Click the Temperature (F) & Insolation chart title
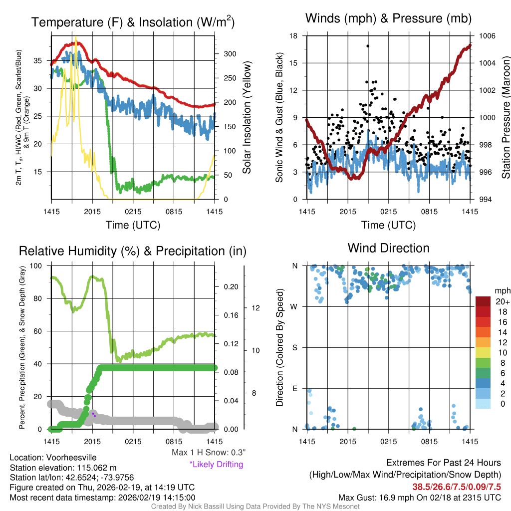pos(133,22)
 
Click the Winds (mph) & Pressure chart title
pos(388,19)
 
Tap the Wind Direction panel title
pos(388,248)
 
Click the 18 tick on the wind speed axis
pos(293,36)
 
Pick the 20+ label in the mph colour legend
pos(502,302)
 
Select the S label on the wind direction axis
pos(295,347)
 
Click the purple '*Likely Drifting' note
pos(216,465)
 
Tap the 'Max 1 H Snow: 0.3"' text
pos(209,453)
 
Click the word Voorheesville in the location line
pos(70,458)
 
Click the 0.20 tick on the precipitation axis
pos(231,286)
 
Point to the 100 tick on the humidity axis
pos(36,265)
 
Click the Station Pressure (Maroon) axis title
pos(505,118)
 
